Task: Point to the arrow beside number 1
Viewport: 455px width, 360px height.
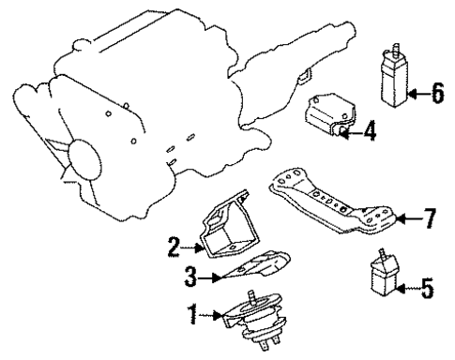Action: pyautogui.click(x=212, y=317)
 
